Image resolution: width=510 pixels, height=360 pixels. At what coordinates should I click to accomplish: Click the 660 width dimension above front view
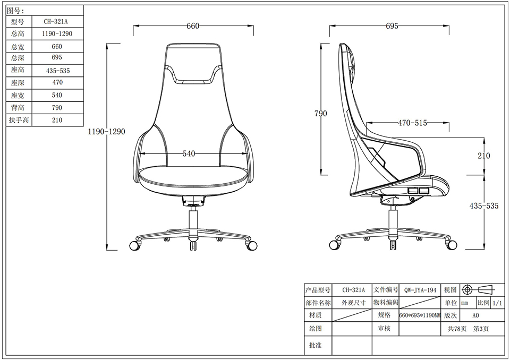[x=193, y=26]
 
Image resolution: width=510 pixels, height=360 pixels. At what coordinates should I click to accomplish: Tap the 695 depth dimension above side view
[x=392, y=26]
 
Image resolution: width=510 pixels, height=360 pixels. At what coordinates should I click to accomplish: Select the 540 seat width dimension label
[x=189, y=153]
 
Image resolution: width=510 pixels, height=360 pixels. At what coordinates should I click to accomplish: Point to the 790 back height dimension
[x=321, y=114]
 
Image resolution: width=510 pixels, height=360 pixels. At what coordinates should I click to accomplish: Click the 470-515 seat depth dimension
[x=412, y=123]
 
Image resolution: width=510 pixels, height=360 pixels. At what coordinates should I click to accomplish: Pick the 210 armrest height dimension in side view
[x=483, y=156]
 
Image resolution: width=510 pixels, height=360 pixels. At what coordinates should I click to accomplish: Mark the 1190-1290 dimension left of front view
[x=107, y=132]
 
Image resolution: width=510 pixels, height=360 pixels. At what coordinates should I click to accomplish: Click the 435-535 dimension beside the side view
[x=483, y=206]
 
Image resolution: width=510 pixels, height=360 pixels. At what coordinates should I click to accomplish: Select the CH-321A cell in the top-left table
[x=56, y=22]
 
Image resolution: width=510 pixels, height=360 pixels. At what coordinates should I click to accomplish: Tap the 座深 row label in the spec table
[x=18, y=83]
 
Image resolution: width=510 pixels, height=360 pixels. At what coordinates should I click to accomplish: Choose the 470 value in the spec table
[x=57, y=82]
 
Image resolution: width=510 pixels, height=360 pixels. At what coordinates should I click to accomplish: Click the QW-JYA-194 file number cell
[x=420, y=290]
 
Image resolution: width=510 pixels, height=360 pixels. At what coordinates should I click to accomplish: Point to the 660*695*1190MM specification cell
[x=420, y=315]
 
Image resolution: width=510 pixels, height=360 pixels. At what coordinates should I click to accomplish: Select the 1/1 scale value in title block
[x=498, y=303]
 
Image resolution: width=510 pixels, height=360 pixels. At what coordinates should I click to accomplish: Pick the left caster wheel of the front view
[x=134, y=246]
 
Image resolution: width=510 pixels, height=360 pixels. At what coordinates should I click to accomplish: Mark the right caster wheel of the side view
[x=452, y=245]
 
